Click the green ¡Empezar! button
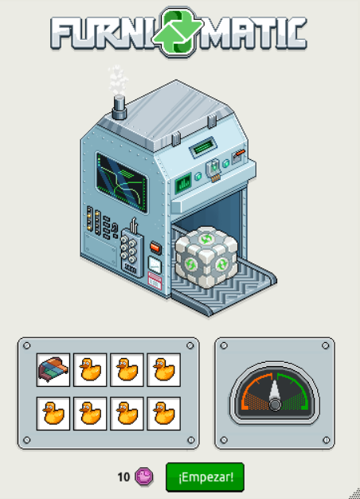point(205,477)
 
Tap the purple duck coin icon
point(144,477)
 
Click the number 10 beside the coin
point(123,477)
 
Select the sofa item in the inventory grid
point(53,370)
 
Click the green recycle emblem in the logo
point(178,31)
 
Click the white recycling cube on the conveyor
point(206,257)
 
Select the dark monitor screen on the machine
point(123,183)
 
